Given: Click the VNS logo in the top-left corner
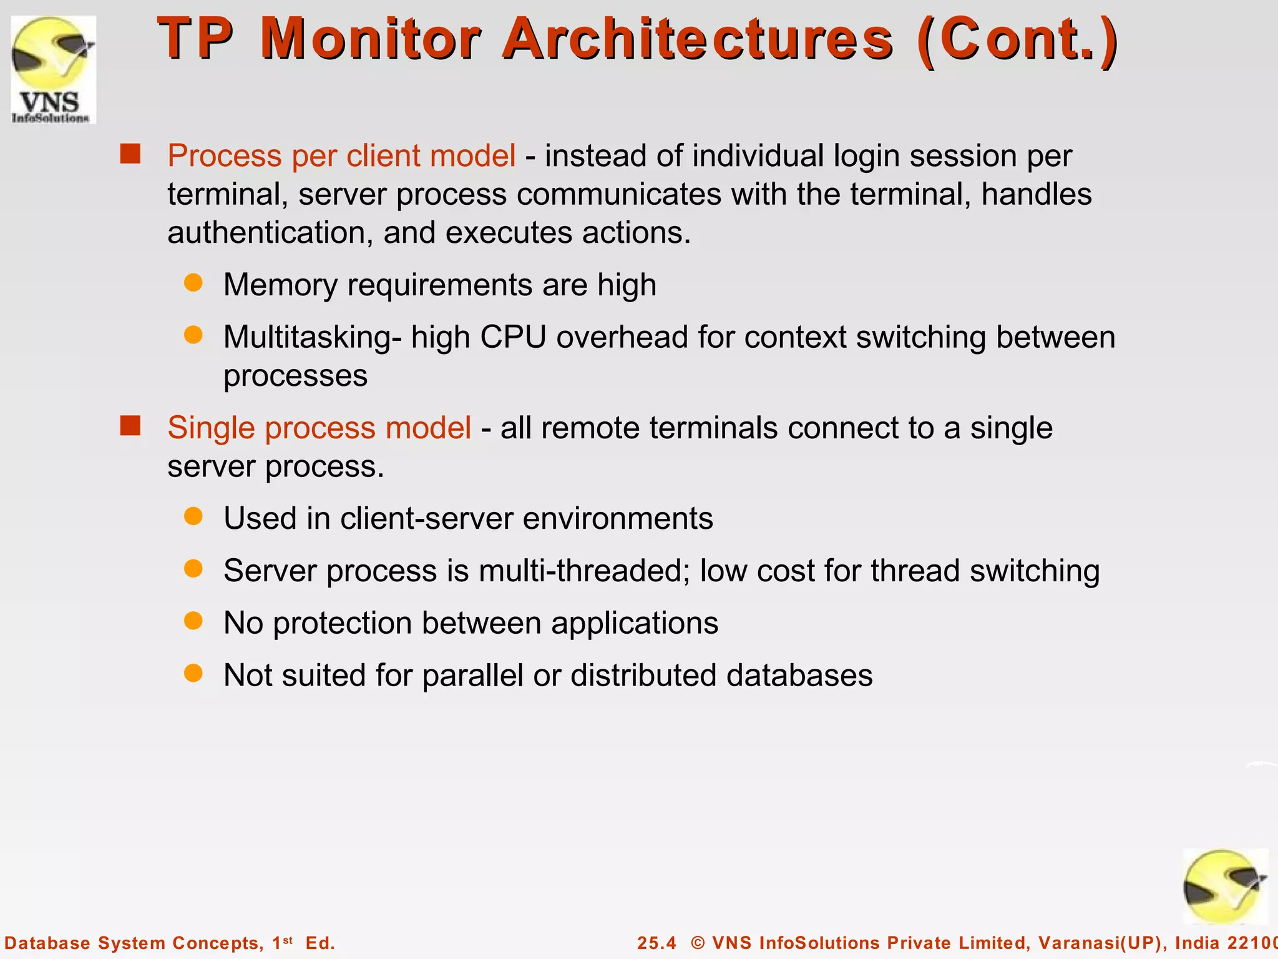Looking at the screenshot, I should click(x=54, y=69).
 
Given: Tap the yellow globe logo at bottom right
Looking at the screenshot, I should click(x=1225, y=887).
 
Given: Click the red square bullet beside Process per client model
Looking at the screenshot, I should click(x=130, y=154).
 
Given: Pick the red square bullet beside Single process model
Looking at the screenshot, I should click(x=130, y=426).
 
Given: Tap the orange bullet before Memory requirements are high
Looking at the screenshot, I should click(x=193, y=283).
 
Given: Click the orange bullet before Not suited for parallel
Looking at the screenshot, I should click(x=193, y=673).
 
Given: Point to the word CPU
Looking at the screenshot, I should click(x=513, y=337).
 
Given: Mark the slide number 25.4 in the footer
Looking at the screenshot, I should click(x=656, y=943).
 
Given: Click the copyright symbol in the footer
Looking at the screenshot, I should click(x=698, y=943).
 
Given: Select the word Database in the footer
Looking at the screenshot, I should click(x=47, y=943).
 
